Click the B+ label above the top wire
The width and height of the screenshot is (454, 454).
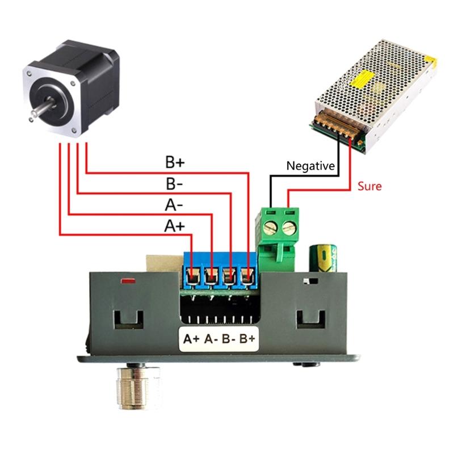[x=175, y=162]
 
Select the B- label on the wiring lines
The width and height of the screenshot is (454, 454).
[x=174, y=184]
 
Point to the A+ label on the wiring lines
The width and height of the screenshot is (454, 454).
[x=174, y=226]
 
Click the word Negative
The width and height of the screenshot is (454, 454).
[x=311, y=166]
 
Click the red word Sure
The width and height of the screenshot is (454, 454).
[x=369, y=186]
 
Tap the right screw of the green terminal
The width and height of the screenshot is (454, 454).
[x=290, y=228]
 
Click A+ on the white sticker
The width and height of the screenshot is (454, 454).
[x=191, y=339]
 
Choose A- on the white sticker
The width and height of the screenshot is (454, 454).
[x=210, y=339]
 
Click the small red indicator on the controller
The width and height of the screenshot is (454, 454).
[x=128, y=280]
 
